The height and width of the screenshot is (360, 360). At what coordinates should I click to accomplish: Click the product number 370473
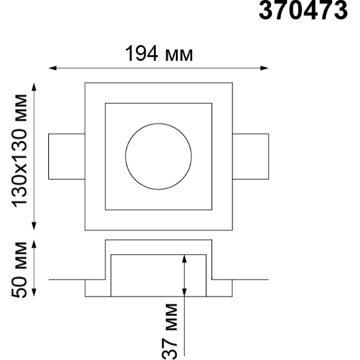(303, 10)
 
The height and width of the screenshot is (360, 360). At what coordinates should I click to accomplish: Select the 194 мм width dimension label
(159, 53)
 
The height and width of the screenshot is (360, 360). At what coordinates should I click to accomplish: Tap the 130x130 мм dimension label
(20, 150)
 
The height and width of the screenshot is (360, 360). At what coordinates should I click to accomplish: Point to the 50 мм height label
(20, 270)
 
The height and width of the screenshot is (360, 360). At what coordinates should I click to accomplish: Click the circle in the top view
(125, 156)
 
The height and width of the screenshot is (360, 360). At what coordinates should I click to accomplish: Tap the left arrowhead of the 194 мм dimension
(52, 68)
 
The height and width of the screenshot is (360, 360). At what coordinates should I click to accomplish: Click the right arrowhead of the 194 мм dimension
(265, 68)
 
